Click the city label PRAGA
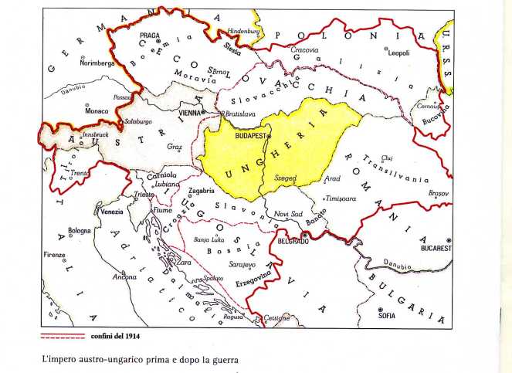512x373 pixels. pos(150,35)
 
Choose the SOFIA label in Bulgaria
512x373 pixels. pos(387,315)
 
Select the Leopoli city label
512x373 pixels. pos(397,53)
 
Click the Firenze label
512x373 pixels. pos(54,254)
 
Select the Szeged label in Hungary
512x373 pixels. pos(285,178)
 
